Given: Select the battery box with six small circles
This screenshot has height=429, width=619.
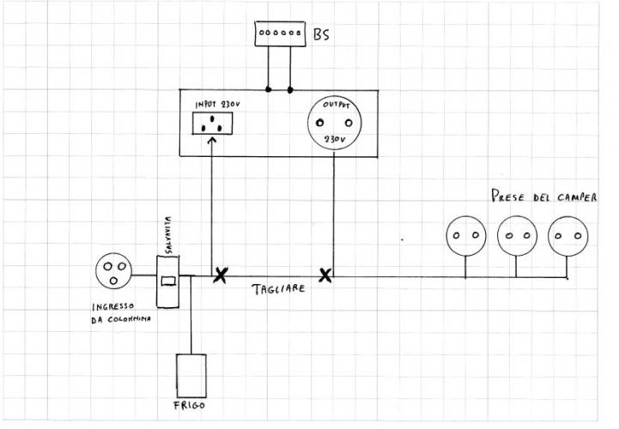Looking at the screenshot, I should coord(281,33).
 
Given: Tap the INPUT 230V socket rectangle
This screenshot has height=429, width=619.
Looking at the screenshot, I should coord(211,123).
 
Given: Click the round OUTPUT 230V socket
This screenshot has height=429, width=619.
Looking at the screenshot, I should coord(332,123).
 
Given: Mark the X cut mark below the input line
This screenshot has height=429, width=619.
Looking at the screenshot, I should coord(221,275).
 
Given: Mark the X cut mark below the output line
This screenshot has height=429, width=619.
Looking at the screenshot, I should coord(325,275).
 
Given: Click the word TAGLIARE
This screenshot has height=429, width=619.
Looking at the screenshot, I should coord(278,290).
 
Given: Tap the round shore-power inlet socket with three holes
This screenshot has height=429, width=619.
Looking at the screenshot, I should coord(115,272).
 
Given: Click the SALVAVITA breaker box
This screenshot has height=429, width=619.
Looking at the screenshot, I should coord(169,280).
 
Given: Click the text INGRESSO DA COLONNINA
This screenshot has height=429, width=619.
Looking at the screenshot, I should coord(121,314).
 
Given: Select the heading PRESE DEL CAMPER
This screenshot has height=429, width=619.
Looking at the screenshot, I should coord(544,196).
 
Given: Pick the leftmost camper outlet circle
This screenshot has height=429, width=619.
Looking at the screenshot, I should coord(466,235).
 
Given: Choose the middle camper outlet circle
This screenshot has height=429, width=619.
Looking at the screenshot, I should coord(517,235).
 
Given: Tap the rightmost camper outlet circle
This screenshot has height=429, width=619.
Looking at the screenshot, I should coord(567,235).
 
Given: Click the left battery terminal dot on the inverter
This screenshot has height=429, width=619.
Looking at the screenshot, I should coord(269,88).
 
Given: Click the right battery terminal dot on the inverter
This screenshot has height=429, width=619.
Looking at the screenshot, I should coord(290,88).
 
